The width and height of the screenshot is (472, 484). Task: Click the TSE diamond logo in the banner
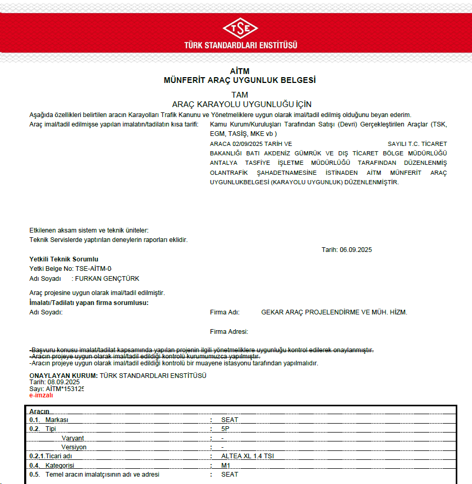pos(240,28)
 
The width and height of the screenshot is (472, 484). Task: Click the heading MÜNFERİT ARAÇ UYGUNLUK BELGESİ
pos(239,80)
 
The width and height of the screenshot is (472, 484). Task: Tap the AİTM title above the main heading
pos(239,71)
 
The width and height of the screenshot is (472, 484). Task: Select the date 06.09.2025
pos(355,250)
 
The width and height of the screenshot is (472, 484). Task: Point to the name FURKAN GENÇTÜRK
pos(108,279)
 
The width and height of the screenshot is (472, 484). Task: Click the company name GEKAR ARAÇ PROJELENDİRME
pos(334,312)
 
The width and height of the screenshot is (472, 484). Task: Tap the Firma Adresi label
pos(229,331)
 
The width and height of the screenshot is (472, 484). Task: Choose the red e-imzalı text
pos(41,395)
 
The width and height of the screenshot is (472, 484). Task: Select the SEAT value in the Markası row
pos(229,420)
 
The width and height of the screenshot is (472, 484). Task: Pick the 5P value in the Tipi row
pos(225,429)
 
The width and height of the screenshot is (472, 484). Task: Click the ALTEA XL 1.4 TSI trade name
pos(247,456)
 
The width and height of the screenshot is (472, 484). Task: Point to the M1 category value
pos(226,466)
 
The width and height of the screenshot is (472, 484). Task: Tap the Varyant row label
pos(72,438)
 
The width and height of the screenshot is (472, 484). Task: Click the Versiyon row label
pos(74,447)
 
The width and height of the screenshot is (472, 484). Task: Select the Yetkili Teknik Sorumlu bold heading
pos(64,259)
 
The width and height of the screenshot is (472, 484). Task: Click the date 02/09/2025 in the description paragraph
pos(244,143)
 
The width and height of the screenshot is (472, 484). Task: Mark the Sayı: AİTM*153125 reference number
pos(57,388)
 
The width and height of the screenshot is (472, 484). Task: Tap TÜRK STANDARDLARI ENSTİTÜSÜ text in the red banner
pos(240,45)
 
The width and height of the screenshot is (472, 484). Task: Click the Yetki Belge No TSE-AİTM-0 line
pos(71,269)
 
